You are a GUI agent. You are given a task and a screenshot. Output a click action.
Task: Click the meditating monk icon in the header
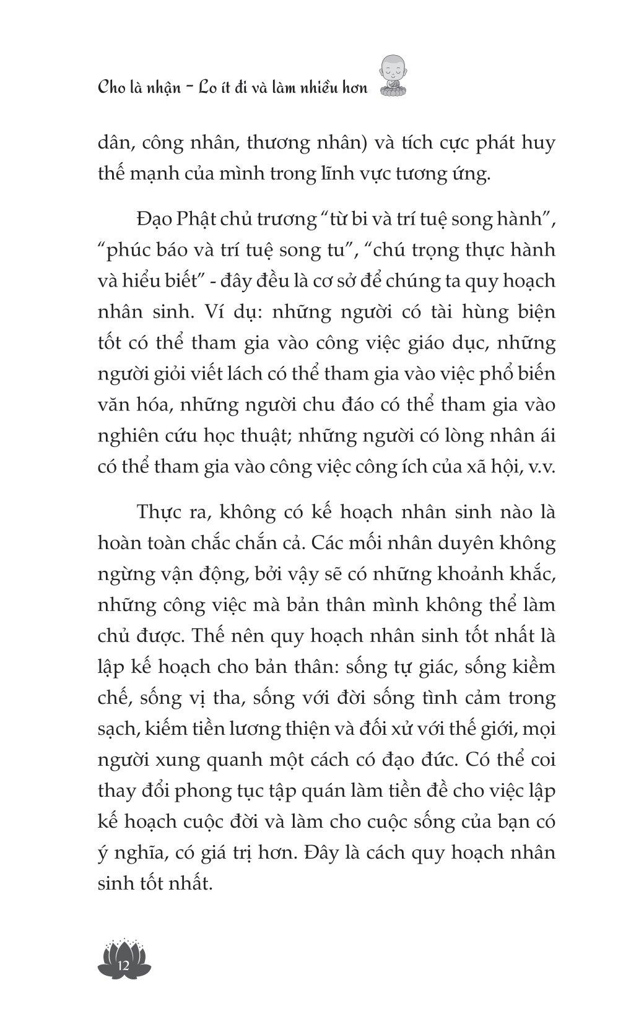391,77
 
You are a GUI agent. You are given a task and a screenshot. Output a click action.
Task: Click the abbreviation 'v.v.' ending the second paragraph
539,467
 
